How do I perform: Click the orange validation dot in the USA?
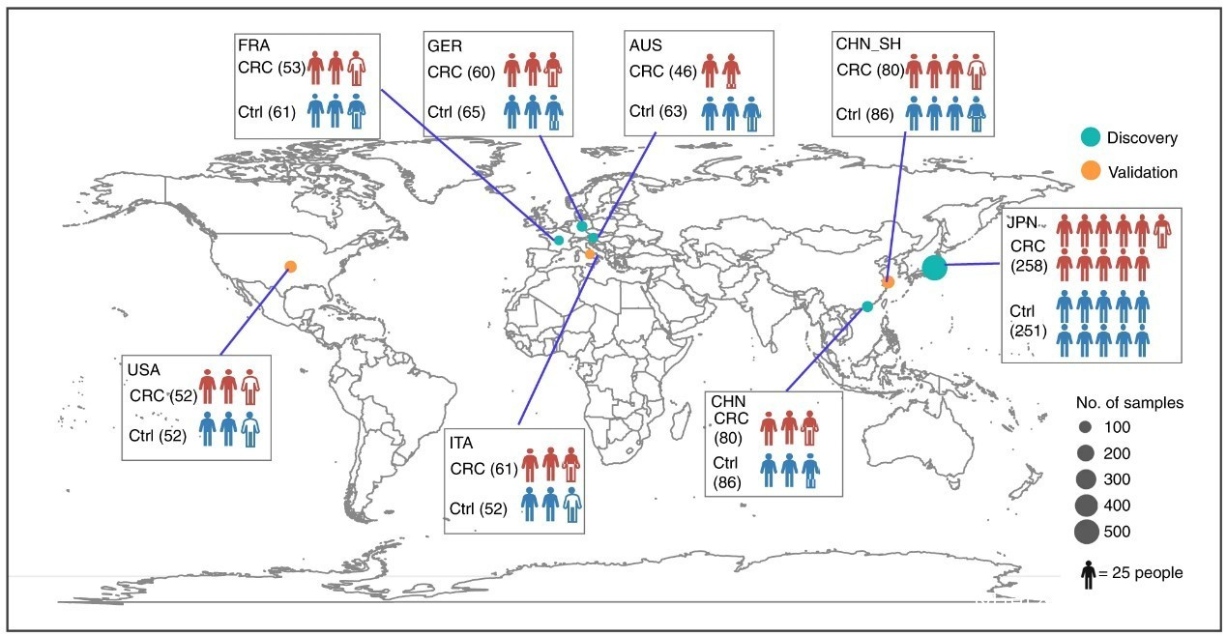tap(291, 267)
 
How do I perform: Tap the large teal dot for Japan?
tap(934, 268)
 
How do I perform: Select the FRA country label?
tap(253, 44)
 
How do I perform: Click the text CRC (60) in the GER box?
tap(461, 72)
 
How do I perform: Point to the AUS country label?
tap(645, 44)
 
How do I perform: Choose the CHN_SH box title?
tap(868, 43)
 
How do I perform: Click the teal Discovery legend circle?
tap(1091, 137)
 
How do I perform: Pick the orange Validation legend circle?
tap(1091, 171)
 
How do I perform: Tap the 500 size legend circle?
tap(1087, 532)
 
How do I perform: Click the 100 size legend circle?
tap(1085, 427)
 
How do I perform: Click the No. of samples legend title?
tap(1129, 403)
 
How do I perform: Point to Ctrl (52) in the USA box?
tap(158, 436)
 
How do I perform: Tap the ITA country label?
tap(460, 443)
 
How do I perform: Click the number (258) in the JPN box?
tap(1029, 266)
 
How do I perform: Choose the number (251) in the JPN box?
tap(1028, 331)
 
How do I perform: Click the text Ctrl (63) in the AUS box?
tap(657, 111)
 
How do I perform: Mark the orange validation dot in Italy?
tap(590, 253)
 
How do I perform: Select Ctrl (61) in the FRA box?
tap(267, 112)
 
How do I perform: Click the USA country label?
tap(143, 370)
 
